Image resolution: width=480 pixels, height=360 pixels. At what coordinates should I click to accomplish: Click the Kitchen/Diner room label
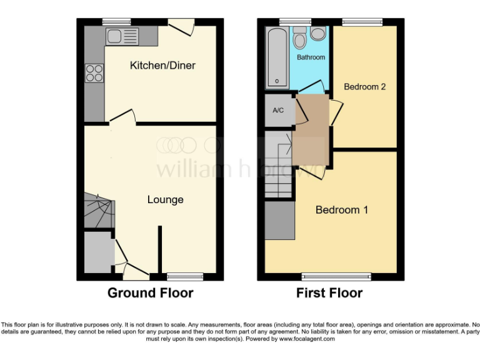click(x=162, y=66)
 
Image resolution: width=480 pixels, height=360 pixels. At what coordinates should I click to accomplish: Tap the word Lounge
click(x=165, y=200)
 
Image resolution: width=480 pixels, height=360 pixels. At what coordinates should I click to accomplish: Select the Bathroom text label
click(x=311, y=57)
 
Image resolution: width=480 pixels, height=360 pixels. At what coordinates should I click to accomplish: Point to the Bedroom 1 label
click(x=341, y=210)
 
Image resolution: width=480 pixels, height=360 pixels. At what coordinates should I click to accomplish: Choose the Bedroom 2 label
click(x=364, y=87)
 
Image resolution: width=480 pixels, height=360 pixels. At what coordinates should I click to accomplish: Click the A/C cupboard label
click(x=278, y=111)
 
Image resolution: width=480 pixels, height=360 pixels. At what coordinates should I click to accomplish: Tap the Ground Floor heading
click(x=150, y=292)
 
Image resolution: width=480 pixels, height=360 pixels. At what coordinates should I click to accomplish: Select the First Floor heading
click(x=329, y=292)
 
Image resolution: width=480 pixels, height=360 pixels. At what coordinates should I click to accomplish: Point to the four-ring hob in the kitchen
click(x=94, y=73)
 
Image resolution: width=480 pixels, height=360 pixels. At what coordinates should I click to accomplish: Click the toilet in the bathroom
click(x=300, y=39)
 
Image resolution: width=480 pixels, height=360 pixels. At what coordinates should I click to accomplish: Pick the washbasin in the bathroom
click(x=317, y=33)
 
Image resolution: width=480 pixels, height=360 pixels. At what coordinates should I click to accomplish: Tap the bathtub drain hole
click(x=276, y=81)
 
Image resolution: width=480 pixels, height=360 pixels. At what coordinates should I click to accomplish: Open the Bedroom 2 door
click(x=336, y=111)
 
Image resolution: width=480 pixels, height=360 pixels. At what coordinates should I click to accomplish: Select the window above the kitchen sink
click(x=112, y=21)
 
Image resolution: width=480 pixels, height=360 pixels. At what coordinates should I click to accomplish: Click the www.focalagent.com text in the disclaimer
click(x=307, y=339)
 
